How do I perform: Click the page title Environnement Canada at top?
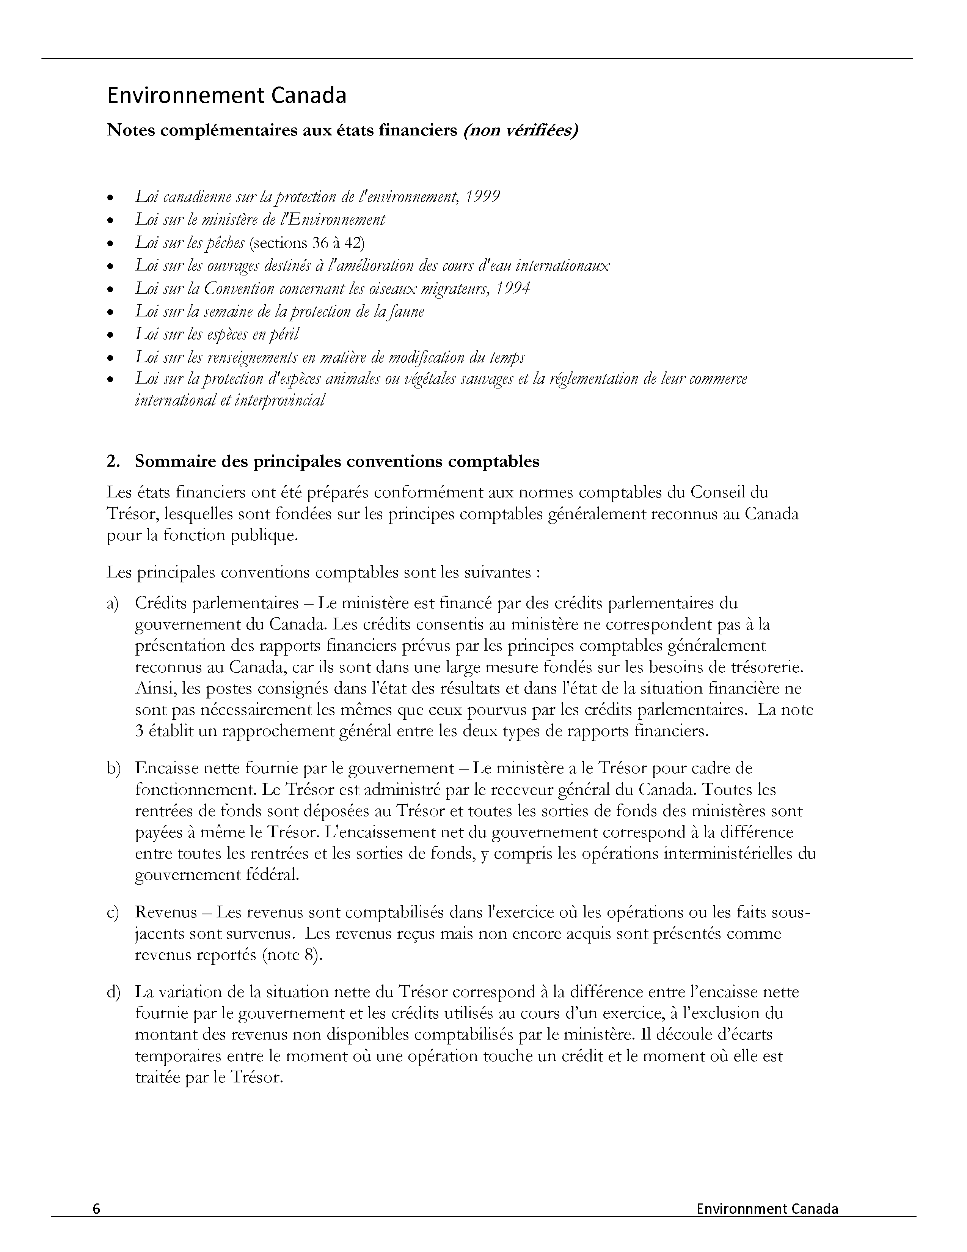(226, 96)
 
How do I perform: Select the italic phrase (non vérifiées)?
(520, 131)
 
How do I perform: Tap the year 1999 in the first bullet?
(482, 197)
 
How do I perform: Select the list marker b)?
(113, 768)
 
